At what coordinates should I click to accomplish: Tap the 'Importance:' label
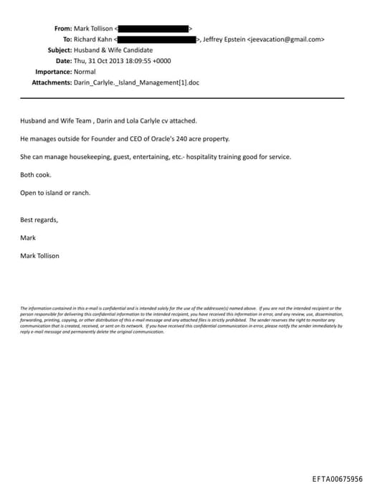tap(53, 72)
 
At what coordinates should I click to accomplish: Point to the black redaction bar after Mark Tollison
tap(152, 29)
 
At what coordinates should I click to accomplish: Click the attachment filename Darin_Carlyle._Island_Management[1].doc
tap(136, 82)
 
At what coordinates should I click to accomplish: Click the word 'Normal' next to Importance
tap(86, 72)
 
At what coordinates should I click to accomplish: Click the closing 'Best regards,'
tap(39, 219)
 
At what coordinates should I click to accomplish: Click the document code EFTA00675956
tap(338, 479)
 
